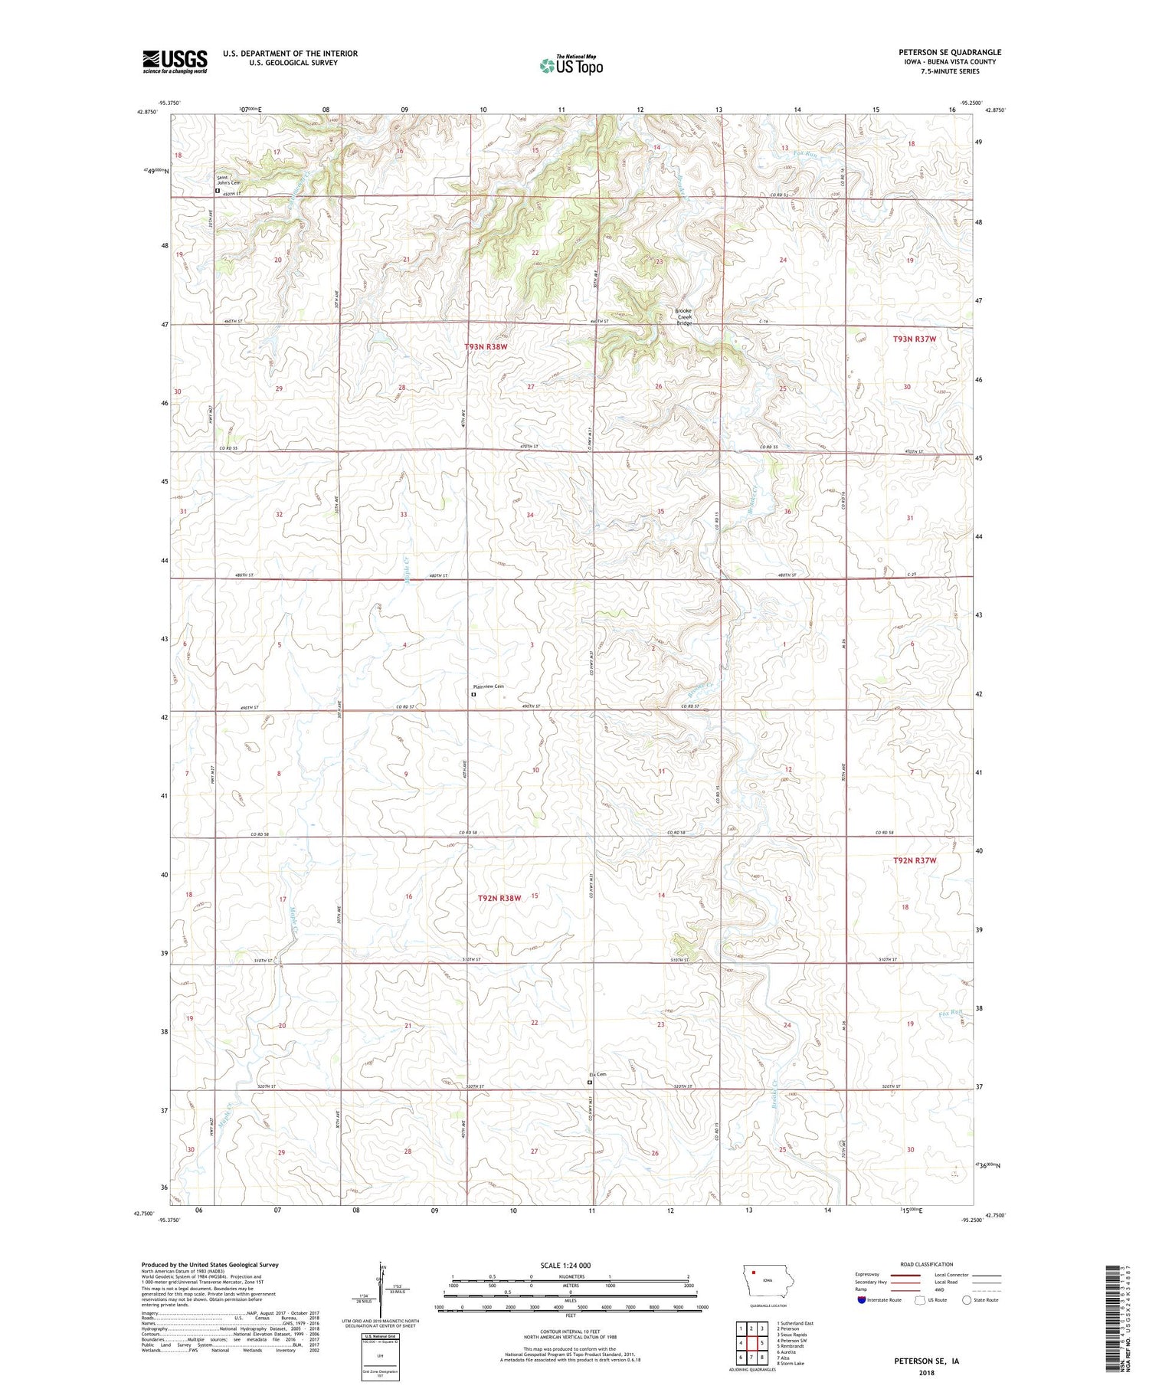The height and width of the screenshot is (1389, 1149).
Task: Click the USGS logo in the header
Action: (x=175, y=61)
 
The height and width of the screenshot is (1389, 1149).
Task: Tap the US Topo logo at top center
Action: (x=571, y=65)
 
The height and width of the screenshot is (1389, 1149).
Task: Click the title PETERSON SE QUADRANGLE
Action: (x=950, y=52)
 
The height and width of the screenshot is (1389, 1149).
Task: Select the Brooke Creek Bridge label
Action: (x=683, y=317)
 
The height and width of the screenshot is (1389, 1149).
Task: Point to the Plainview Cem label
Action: (x=489, y=686)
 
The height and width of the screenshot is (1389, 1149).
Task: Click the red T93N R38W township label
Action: (x=486, y=347)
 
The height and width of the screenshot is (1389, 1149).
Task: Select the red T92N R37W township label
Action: (x=915, y=860)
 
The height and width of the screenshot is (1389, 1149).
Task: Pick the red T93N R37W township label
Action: (x=915, y=339)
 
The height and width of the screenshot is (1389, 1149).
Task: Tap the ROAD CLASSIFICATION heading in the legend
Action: (x=927, y=1264)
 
